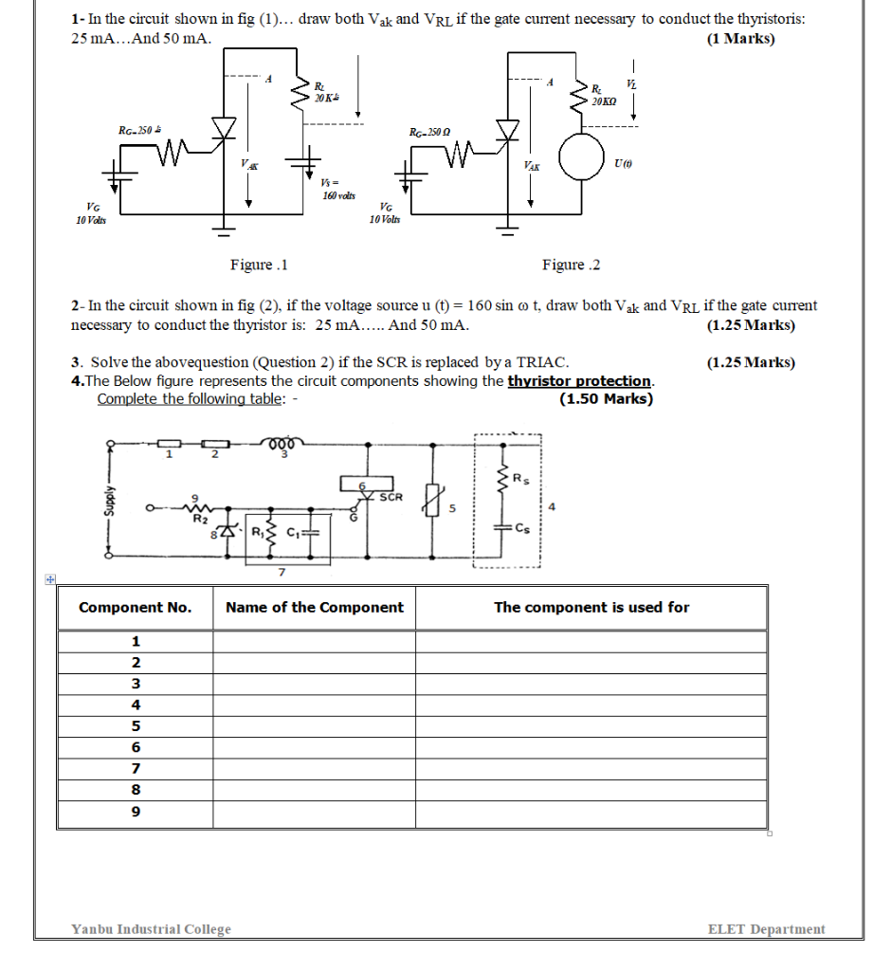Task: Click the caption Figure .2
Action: pyautogui.click(x=572, y=265)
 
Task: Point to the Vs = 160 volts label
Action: pyautogui.click(x=337, y=188)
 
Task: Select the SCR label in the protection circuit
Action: pyautogui.click(x=391, y=496)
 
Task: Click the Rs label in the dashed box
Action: pyautogui.click(x=520, y=479)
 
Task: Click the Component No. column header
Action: pyautogui.click(x=135, y=608)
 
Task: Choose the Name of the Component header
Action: pyautogui.click(x=315, y=608)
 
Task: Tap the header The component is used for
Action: pyautogui.click(x=591, y=608)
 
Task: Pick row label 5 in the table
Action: pyautogui.click(x=136, y=726)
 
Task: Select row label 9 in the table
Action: pyautogui.click(x=136, y=812)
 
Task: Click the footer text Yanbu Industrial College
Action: pyautogui.click(x=152, y=929)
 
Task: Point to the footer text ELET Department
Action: pyautogui.click(x=766, y=929)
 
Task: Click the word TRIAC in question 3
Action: pyautogui.click(x=541, y=362)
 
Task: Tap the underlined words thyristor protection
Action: pyautogui.click(x=580, y=381)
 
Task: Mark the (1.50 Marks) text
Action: pyautogui.click(x=606, y=398)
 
